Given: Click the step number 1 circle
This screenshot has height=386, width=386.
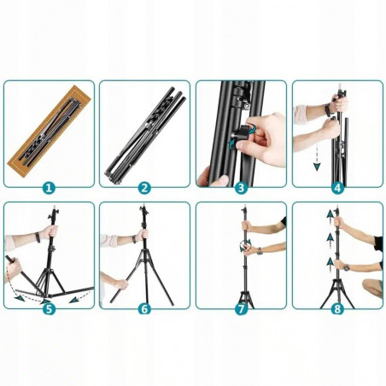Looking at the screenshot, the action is (x=49, y=188).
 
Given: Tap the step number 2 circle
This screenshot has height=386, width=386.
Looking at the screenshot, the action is (x=144, y=188).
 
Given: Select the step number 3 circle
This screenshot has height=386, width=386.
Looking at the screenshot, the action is (x=241, y=188).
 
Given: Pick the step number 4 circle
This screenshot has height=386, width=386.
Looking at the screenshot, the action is (x=337, y=188).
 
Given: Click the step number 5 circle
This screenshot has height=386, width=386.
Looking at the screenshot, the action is (x=49, y=309).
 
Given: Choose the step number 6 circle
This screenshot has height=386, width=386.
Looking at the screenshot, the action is (x=144, y=309).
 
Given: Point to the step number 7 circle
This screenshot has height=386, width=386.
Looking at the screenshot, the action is (x=241, y=309).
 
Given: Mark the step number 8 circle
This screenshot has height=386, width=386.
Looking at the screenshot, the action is (x=337, y=309).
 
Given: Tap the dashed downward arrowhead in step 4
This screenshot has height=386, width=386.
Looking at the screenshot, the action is (x=317, y=166).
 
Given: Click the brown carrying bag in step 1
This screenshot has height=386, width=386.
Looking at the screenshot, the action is (x=49, y=130).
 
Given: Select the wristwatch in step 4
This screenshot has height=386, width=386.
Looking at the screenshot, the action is (x=328, y=110).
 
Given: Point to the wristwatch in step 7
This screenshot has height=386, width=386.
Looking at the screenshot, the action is (x=259, y=251).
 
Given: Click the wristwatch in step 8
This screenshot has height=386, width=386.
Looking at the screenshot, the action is (x=346, y=267).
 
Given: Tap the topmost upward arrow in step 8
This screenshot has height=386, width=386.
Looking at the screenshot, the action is (x=330, y=217).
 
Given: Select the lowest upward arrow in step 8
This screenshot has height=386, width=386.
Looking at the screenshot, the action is (x=330, y=265).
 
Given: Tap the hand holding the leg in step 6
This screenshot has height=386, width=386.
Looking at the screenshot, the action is (x=122, y=284).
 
